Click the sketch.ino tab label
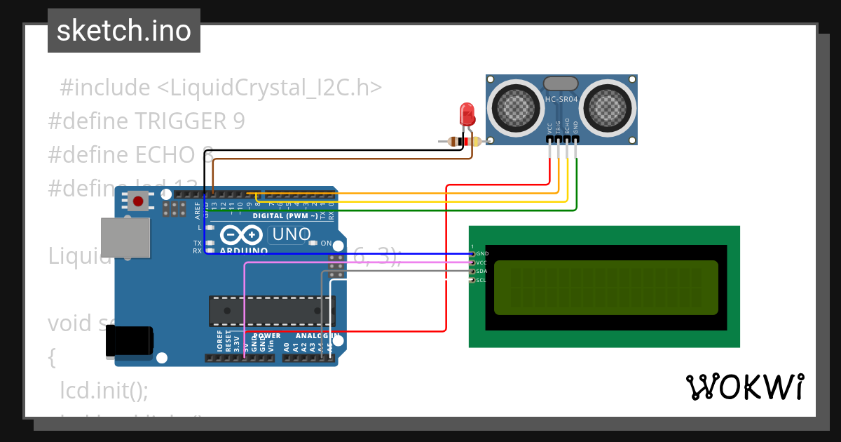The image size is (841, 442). point(123,31)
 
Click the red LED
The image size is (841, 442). point(466,114)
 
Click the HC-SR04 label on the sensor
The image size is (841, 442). point(561,100)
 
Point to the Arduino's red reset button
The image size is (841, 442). point(138,202)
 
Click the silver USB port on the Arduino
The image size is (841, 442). point(125,237)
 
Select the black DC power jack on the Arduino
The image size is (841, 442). point(129,342)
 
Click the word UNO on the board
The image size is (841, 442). point(291,234)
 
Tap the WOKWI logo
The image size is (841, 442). point(744,387)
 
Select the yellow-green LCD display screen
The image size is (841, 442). point(606,288)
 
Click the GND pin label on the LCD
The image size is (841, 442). point(481,253)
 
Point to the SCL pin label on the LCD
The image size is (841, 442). point(481,280)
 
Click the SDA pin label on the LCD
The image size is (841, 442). point(481,271)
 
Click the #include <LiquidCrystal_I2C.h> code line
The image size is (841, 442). point(221,88)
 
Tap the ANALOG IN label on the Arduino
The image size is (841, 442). point(313,336)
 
